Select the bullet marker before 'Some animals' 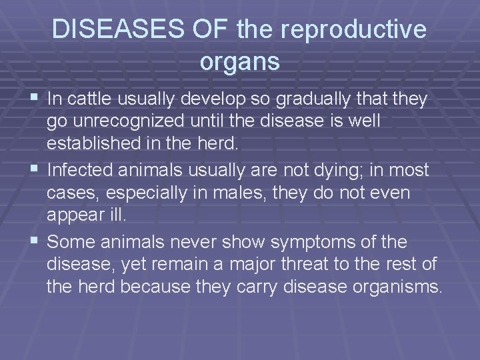(37, 240)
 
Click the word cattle (89, 100)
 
